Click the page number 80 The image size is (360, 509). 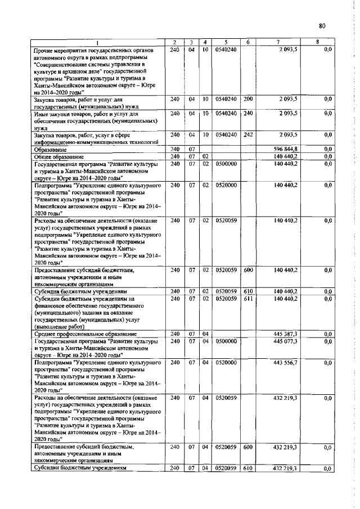pyautogui.click(x=322, y=25)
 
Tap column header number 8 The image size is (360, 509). pyautogui.click(x=317, y=43)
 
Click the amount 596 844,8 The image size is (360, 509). pyautogui.click(x=285, y=148)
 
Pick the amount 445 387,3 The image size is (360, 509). pyautogui.click(x=285, y=334)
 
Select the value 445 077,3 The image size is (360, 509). pyautogui.click(x=285, y=340)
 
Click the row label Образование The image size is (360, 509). pyautogui.click(x=51, y=148)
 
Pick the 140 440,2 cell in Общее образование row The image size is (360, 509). pyautogui.click(x=285, y=156)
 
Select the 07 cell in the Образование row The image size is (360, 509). pyautogui.click(x=192, y=148)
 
